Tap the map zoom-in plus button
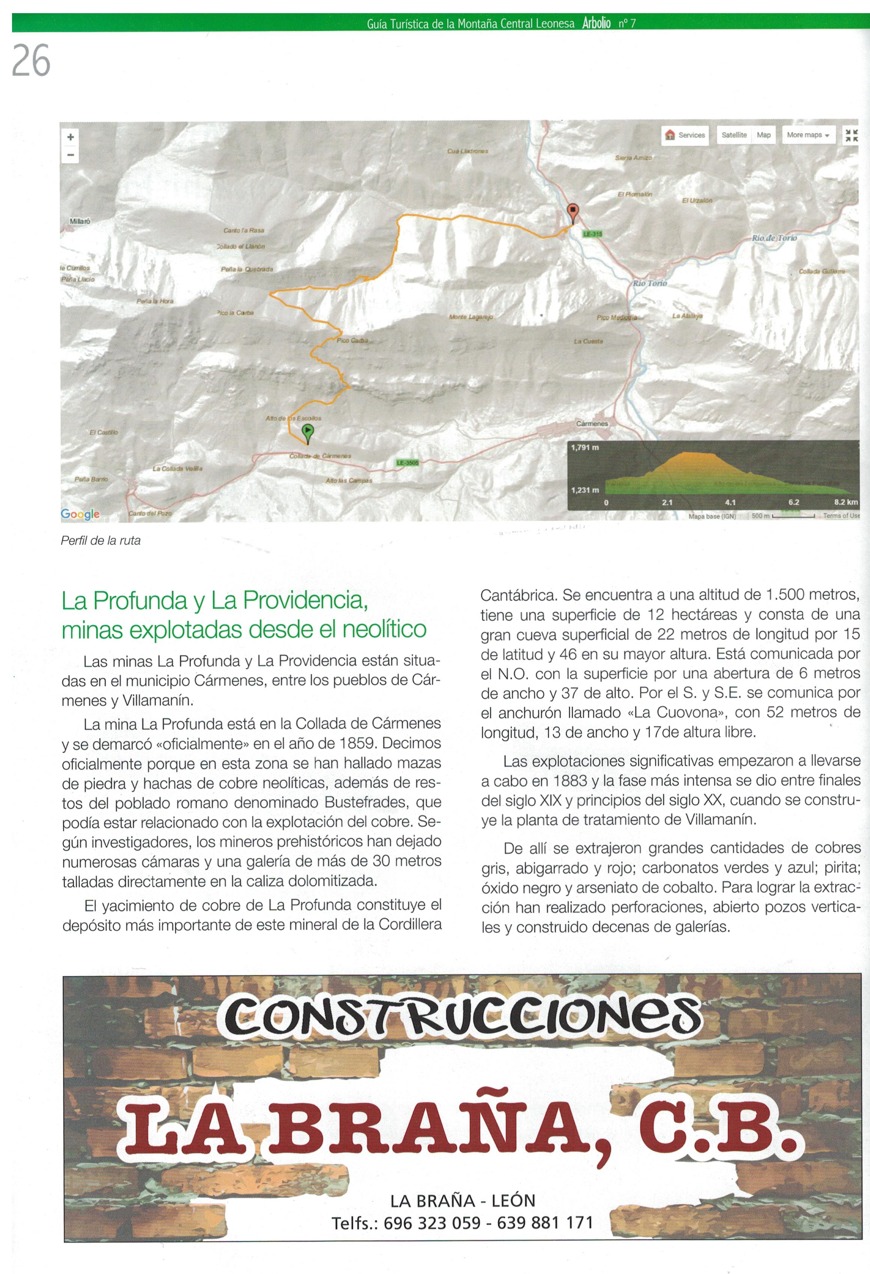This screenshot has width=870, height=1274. point(70,137)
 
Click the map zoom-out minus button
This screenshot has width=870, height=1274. point(70,155)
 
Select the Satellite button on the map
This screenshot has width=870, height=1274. point(733,135)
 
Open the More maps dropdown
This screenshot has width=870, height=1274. point(808,135)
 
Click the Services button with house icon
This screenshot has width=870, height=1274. point(685,135)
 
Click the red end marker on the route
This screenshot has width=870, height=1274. point(572,211)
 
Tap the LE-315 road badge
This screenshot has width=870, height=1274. point(592,234)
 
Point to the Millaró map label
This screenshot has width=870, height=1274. point(80,221)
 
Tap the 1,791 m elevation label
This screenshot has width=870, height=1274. point(585,447)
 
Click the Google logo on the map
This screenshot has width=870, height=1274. point(80,514)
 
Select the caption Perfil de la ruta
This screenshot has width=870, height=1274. point(101,540)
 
